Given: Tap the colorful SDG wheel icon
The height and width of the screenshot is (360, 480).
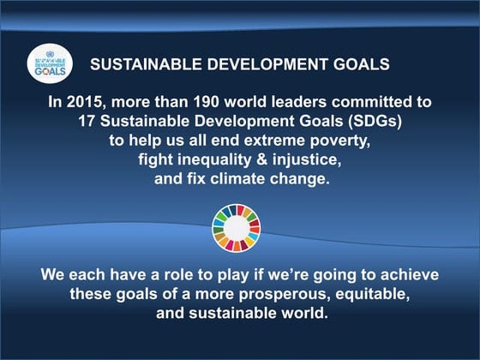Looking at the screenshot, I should point(236,227).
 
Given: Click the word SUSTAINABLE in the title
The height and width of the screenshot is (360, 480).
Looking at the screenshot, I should point(139,64).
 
